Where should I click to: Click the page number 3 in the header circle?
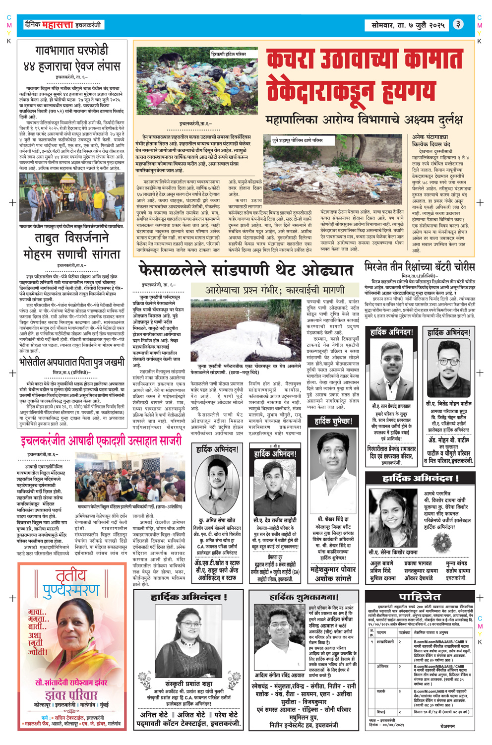coord(459,24)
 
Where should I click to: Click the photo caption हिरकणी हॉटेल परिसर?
coord(228,54)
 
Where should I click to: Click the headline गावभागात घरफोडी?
coord(72,51)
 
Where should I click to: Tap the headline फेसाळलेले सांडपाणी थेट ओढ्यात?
coord(246,270)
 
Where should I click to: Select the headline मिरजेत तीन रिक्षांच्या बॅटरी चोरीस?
coord(420,266)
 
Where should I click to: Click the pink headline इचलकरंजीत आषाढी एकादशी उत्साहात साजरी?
coord(101,440)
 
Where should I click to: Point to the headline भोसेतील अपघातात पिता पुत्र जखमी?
coord(72,363)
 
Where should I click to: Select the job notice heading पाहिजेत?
coord(420,597)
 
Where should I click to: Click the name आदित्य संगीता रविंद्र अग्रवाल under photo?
coord(279,676)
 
